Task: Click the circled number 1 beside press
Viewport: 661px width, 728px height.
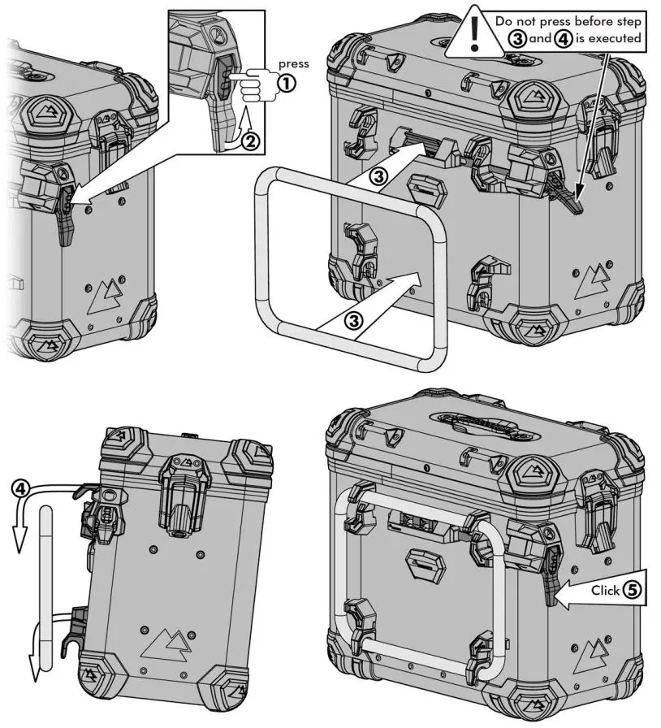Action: [x=287, y=81]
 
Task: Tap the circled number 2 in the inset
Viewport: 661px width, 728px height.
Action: [x=253, y=141]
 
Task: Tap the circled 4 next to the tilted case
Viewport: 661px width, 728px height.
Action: [x=24, y=488]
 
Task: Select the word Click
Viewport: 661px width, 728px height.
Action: [x=605, y=591]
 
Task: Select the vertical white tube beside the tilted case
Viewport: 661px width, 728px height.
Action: [x=48, y=585]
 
